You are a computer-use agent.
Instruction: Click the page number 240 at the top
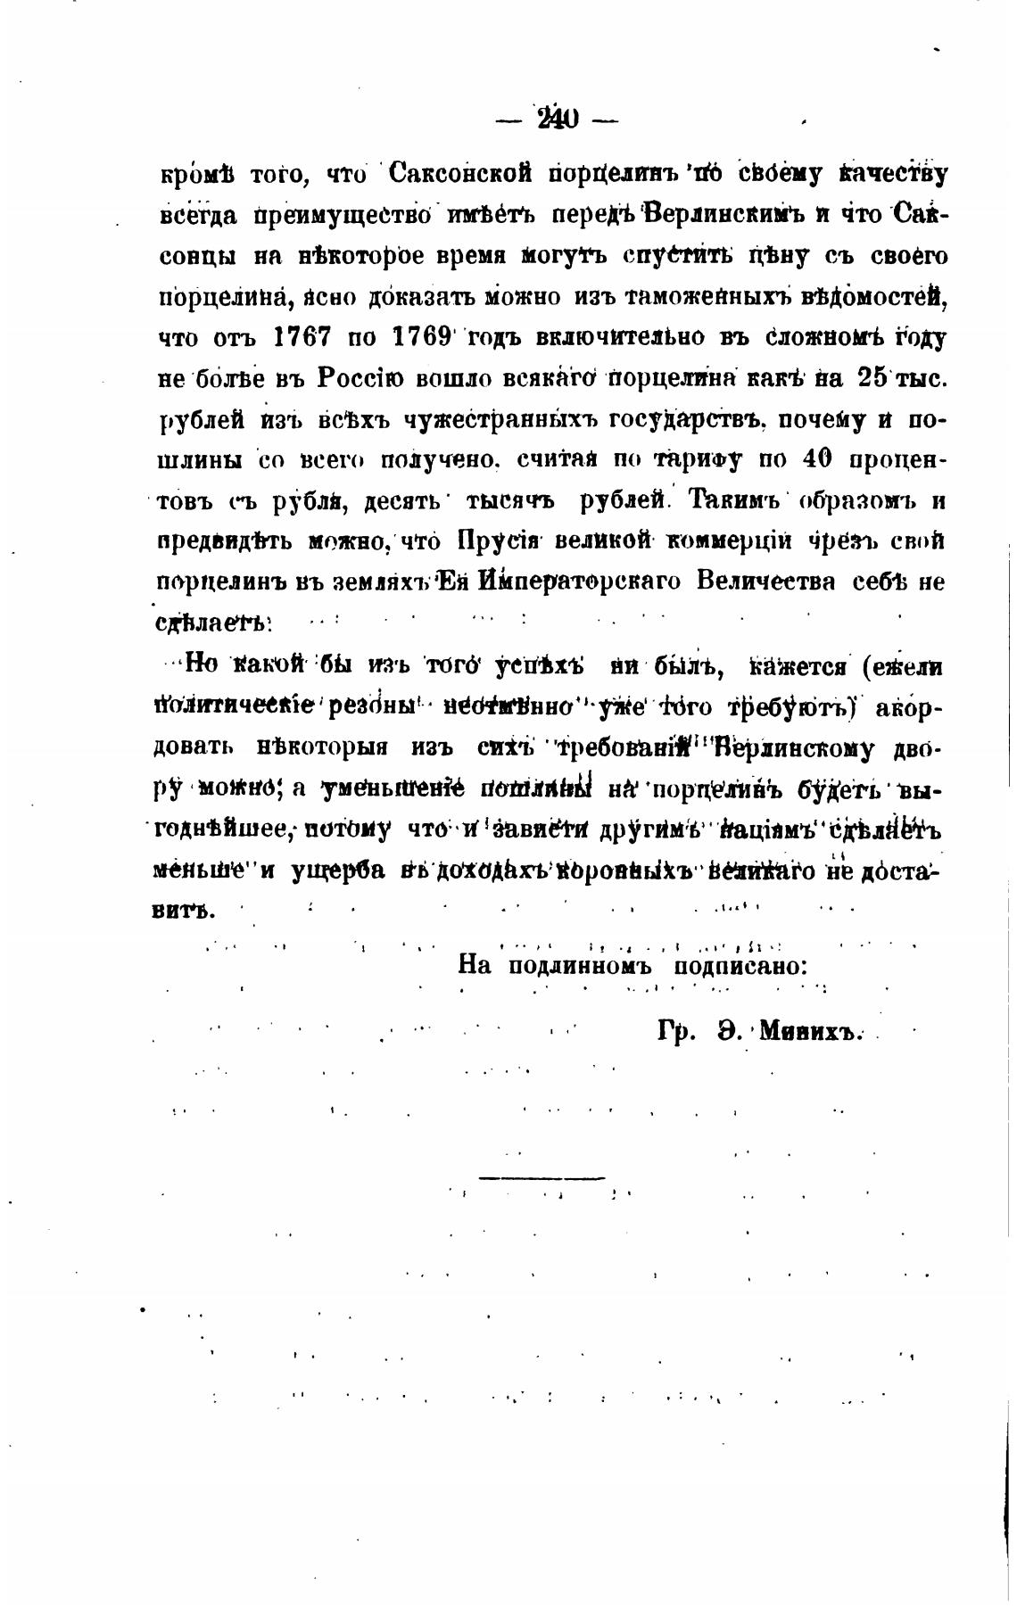click(x=558, y=119)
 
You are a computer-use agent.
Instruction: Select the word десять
click(x=402, y=501)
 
